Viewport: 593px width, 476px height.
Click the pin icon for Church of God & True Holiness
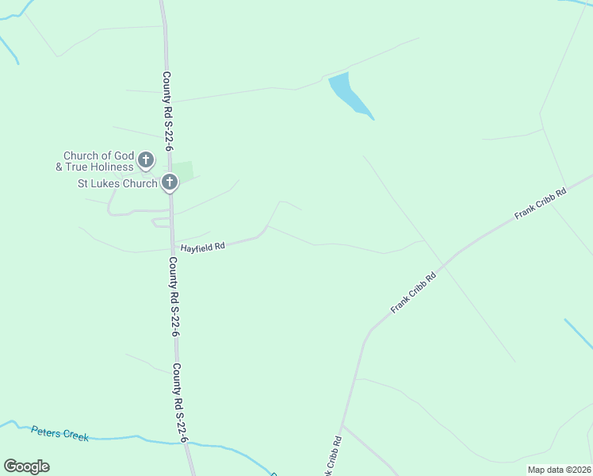(x=146, y=160)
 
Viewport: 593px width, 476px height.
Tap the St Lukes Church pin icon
(x=169, y=182)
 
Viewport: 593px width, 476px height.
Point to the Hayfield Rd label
(x=203, y=247)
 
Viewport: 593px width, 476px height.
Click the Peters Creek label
(x=60, y=434)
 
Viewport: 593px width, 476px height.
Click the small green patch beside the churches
(x=183, y=170)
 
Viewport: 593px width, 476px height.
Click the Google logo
(x=26, y=466)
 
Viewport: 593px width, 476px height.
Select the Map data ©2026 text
(x=558, y=470)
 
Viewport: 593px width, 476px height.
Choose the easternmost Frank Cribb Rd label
(x=541, y=203)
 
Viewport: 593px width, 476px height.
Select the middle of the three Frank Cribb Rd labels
(x=414, y=293)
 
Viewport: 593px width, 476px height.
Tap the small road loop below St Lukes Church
(x=161, y=222)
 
